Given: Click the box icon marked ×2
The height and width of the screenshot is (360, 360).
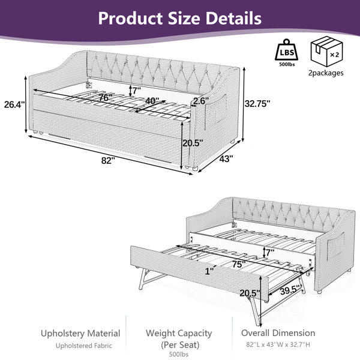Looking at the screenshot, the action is pyautogui.click(x=327, y=51).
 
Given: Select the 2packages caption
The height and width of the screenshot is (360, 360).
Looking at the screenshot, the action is pyautogui.click(x=326, y=73).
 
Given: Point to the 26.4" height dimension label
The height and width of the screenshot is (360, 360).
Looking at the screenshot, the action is pyautogui.click(x=14, y=104).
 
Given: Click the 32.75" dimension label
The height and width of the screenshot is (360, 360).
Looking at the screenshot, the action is pyautogui.click(x=257, y=104).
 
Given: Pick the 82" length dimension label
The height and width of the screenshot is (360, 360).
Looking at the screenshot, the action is pyautogui.click(x=108, y=160).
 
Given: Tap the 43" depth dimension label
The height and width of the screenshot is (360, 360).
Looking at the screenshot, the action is pyautogui.click(x=226, y=158).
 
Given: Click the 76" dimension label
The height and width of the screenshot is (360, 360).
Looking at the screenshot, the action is pyautogui.click(x=105, y=97).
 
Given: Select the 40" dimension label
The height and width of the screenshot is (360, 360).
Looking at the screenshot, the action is pyautogui.click(x=152, y=101).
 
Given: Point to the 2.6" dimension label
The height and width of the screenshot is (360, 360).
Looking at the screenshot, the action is pyautogui.click(x=201, y=101).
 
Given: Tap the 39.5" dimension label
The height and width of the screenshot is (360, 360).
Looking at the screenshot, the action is pyautogui.click(x=290, y=290).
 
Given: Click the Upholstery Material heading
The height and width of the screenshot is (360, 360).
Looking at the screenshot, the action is pyautogui.click(x=80, y=334).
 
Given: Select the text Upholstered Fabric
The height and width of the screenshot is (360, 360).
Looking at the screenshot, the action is pyautogui.click(x=84, y=346).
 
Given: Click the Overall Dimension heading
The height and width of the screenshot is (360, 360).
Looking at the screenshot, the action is pyautogui.click(x=278, y=333).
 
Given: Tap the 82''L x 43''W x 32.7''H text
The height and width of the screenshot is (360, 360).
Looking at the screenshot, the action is pyautogui.click(x=278, y=344).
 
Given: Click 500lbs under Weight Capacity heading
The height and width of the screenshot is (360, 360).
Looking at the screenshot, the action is pyautogui.click(x=179, y=354).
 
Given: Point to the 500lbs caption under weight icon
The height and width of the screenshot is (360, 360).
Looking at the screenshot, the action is pyautogui.click(x=287, y=64).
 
